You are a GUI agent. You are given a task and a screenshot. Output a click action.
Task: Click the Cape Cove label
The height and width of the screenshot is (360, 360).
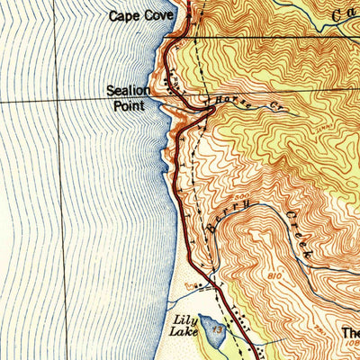140,15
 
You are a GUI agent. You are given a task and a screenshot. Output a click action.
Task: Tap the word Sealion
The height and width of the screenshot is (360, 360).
127,91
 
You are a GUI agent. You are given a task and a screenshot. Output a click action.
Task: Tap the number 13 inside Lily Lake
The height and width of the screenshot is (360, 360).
216,331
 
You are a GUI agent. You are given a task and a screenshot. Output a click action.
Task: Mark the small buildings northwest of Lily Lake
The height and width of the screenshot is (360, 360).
190,286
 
